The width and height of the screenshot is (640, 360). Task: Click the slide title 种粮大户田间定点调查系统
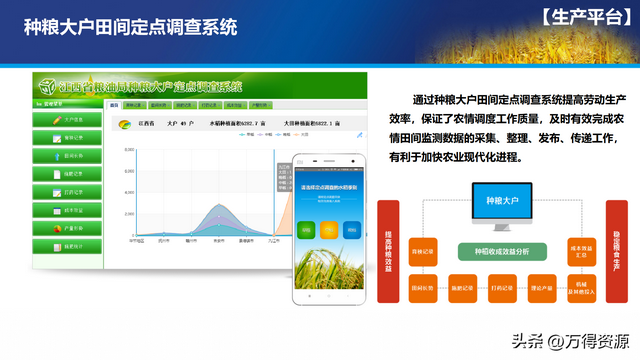tap(130, 27)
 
